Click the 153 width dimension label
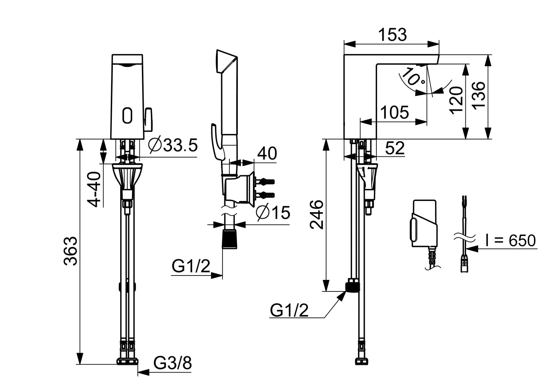coord(392,35)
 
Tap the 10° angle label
coord(413,77)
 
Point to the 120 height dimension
coord(456,100)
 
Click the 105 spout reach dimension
coord(394,113)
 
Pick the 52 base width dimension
coord(394,148)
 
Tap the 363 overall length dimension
coord(71,251)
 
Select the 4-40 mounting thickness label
coord(94,189)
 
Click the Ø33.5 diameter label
coord(173,146)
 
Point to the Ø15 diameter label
coord(273,213)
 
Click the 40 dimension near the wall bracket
coord(267,153)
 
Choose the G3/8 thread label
coord(173,363)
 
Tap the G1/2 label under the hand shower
coord(191,267)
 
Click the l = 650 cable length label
coord(510,240)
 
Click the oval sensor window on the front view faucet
coord(127,115)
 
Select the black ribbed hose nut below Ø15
coord(230,239)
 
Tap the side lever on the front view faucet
coord(148,119)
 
